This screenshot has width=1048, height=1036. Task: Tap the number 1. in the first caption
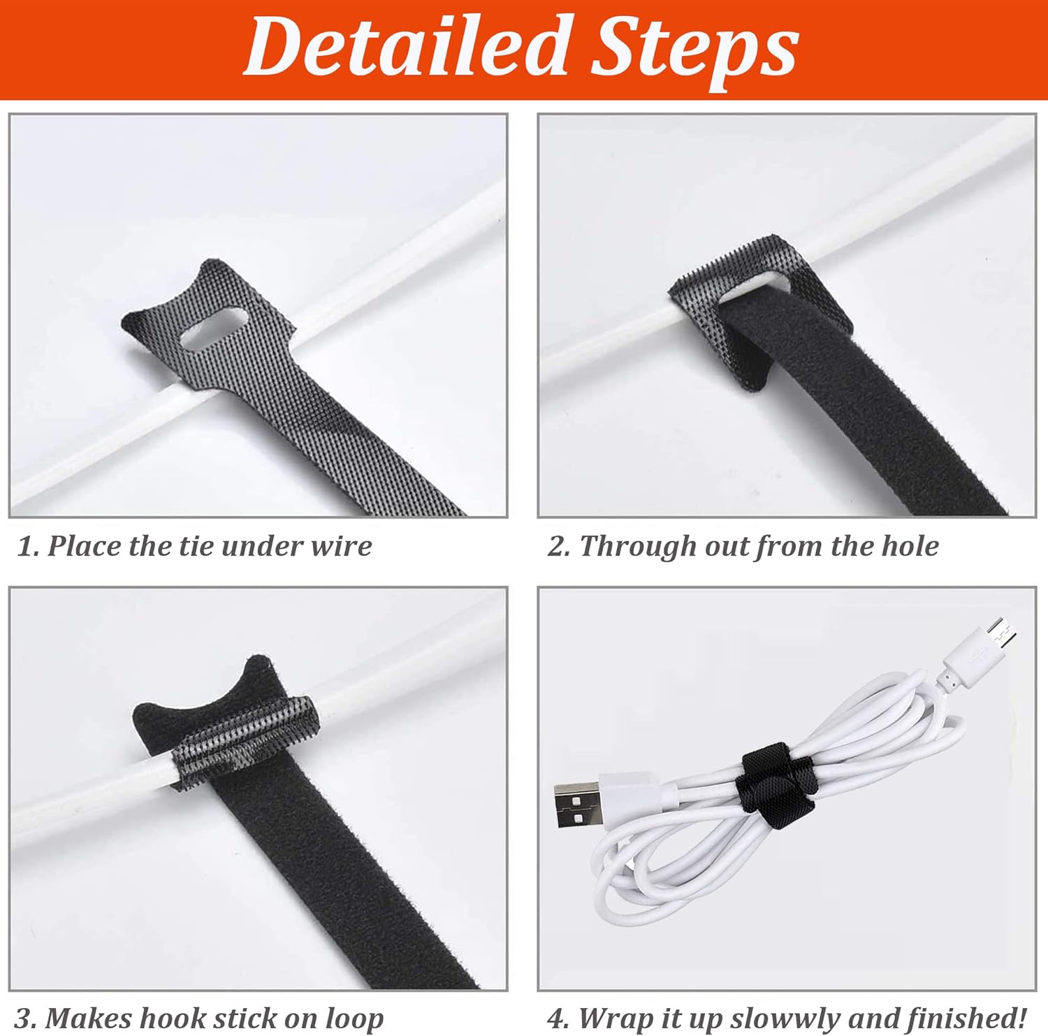pyautogui.click(x=28, y=545)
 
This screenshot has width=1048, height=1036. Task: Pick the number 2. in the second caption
pyautogui.click(x=559, y=545)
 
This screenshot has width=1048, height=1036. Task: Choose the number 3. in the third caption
pyautogui.click(x=26, y=1018)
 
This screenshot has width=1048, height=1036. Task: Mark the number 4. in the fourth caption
pyautogui.click(x=559, y=1018)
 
